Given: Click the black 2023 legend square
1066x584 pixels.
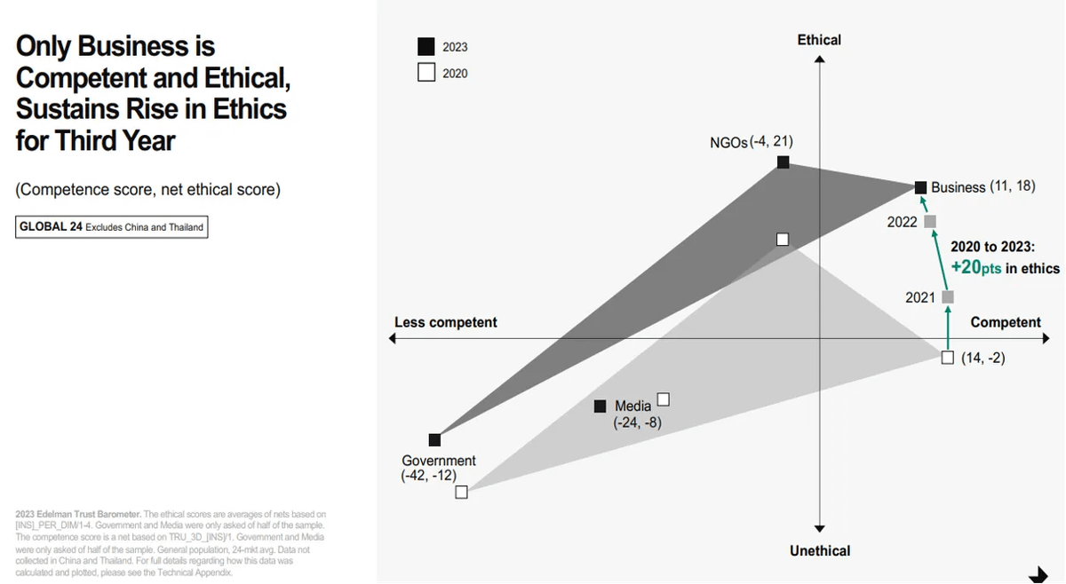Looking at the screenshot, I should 426,47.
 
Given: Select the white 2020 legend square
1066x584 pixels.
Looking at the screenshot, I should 426,73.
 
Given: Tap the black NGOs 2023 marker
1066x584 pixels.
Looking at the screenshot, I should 783,162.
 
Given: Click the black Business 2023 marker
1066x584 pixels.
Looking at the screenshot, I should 921,187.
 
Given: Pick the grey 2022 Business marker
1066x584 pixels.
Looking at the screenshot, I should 930,221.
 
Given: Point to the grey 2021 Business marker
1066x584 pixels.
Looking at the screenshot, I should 948,296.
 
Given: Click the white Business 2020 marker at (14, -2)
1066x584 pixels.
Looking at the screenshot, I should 948,358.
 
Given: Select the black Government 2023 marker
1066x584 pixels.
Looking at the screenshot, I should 434,439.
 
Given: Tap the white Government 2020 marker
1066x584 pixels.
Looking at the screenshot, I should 461,492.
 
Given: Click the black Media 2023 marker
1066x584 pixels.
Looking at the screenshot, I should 601,406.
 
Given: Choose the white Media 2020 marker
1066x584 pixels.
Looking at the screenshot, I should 663,399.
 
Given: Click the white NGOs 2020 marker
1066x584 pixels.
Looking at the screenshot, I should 783,239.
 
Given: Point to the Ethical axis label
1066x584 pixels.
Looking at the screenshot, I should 819,40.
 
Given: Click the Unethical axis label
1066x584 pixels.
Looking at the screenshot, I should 819,551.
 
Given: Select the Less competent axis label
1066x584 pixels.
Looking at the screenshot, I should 445,322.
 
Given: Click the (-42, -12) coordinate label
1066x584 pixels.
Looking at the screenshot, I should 429,477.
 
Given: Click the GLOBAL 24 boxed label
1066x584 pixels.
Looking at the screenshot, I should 112,227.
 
